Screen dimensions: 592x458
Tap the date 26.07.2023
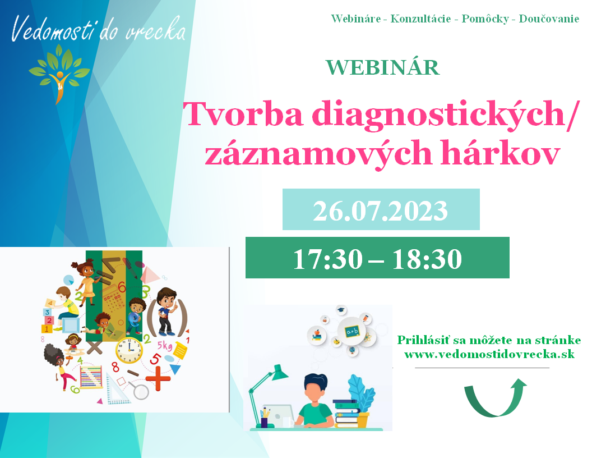tap(381, 210)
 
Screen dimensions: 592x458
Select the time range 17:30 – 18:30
tap(377, 259)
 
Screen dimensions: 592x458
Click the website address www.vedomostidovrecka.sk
tap(489, 355)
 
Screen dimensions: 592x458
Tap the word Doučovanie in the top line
tap(549, 19)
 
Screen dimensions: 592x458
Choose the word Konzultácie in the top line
tap(420, 19)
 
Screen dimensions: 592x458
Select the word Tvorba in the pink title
tap(243, 113)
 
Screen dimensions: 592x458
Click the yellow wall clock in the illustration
tap(129, 350)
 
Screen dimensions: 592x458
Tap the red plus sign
tap(158, 378)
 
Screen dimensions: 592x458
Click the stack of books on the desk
tap(346, 414)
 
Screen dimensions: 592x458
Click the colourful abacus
tap(91, 377)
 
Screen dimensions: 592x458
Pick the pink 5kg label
tap(165, 345)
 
